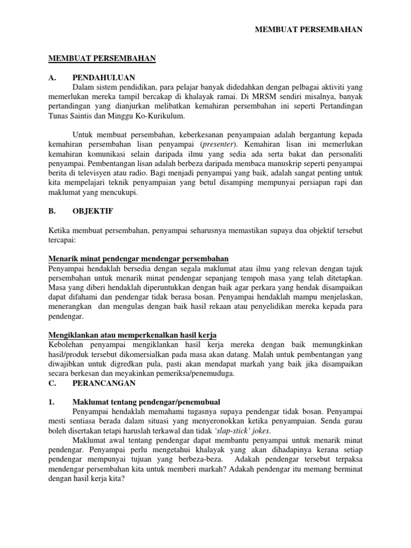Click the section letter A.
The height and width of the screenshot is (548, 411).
pos(52,77)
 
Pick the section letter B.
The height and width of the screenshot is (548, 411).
pos(51,211)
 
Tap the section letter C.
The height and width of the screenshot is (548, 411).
pos(51,383)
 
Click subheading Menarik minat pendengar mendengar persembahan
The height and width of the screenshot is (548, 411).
pos(139,259)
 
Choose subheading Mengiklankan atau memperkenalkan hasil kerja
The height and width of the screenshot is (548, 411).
pos(135,335)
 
